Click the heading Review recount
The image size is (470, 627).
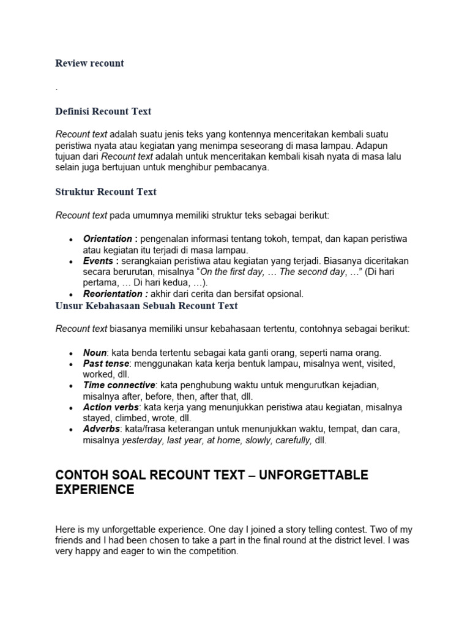(89, 63)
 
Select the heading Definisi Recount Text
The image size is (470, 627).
(103, 111)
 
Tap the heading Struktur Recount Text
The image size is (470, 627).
(106, 192)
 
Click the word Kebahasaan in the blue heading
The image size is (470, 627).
(114, 305)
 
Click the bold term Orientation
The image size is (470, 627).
(107, 239)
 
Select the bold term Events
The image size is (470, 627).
(97, 261)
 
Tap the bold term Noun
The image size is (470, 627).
(95, 353)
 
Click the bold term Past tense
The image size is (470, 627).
(106, 364)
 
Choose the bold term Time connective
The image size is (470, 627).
(119, 385)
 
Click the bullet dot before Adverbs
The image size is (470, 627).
(72, 429)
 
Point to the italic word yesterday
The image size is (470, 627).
(143, 440)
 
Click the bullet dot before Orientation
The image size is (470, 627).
(72, 239)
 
